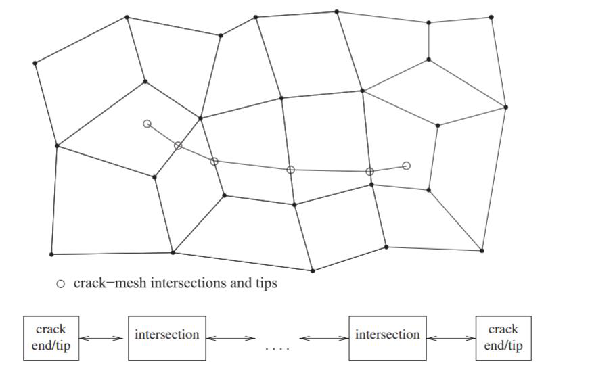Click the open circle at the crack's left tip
click(147, 124)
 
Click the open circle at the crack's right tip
click(406, 166)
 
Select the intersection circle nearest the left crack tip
click(178, 145)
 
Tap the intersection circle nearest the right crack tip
click(369, 172)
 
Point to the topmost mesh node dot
click(336, 11)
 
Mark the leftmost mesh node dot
click(35, 63)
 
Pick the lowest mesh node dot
click(313, 271)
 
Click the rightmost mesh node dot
click(505, 107)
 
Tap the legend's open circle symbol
click(60, 284)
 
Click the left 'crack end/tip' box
click(51, 337)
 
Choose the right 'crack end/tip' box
click(503, 337)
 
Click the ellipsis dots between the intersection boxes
click(277, 349)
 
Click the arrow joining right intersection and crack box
click(451, 337)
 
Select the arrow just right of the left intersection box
click(230, 337)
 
